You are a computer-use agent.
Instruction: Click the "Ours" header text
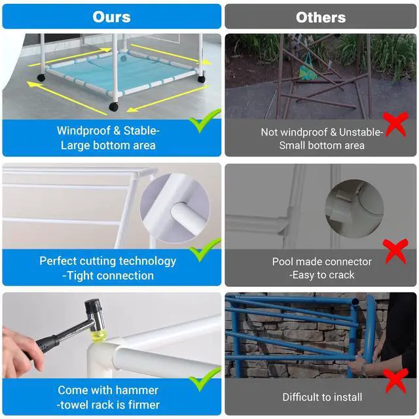111,17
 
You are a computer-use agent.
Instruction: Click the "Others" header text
321,18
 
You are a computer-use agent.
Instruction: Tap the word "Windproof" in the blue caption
84,131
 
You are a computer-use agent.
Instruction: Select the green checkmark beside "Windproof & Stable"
205,120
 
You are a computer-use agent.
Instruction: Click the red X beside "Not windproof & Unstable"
395,124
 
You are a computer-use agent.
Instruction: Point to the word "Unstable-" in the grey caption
361,132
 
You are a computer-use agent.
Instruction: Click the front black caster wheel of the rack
114,106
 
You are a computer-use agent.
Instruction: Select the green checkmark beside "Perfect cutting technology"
205,250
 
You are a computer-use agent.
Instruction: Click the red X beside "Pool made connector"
395,251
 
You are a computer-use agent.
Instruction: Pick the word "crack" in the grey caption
341,275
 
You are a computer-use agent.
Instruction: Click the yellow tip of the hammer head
99,335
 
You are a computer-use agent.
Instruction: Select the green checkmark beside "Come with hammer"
205,380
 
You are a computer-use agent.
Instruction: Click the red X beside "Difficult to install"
395,381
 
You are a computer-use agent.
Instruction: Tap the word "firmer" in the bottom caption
144,405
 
